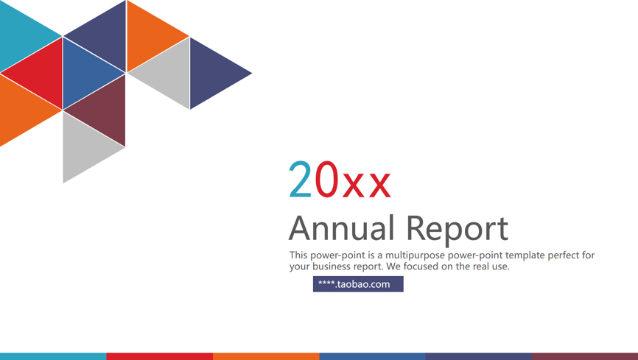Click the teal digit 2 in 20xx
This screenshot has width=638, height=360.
301,179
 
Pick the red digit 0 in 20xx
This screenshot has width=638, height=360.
326,179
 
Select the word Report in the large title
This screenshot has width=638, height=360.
458,230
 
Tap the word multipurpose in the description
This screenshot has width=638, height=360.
415,256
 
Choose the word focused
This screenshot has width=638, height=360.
421,267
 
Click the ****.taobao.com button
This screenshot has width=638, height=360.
358,284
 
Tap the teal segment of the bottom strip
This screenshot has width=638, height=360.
53,356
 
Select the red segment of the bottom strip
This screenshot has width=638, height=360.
159,356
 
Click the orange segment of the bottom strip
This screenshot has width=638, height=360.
266,356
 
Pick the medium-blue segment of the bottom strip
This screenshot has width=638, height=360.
372,356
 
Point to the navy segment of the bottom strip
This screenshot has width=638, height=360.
479,356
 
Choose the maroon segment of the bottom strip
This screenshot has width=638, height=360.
585,356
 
